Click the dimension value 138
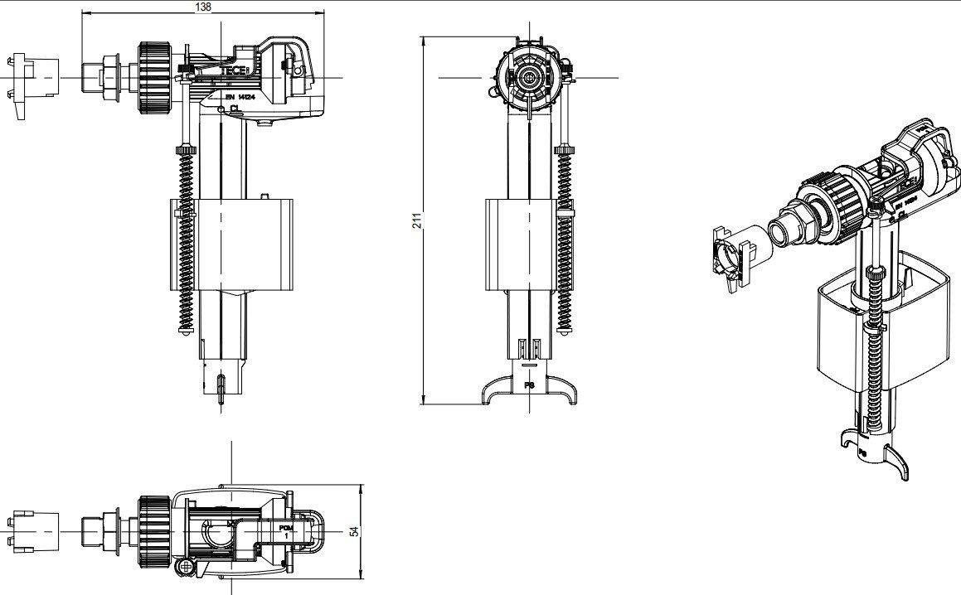click(203, 7)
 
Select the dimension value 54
click(354, 530)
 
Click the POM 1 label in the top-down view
click(286, 531)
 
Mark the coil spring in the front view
click(186, 240)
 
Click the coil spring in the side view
click(565, 240)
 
